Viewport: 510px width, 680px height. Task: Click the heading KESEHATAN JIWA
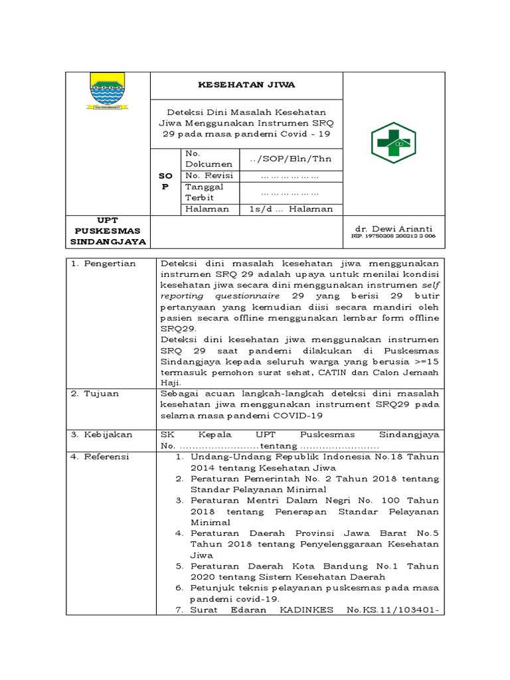click(248, 85)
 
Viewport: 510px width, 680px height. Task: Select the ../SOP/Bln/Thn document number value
click(290, 159)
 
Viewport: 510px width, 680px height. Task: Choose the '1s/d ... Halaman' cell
click(290, 209)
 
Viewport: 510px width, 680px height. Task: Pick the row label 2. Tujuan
click(97, 393)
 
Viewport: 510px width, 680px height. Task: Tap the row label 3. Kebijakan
click(104, 434)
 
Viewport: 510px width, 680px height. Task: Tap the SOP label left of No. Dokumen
click(166, 181)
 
